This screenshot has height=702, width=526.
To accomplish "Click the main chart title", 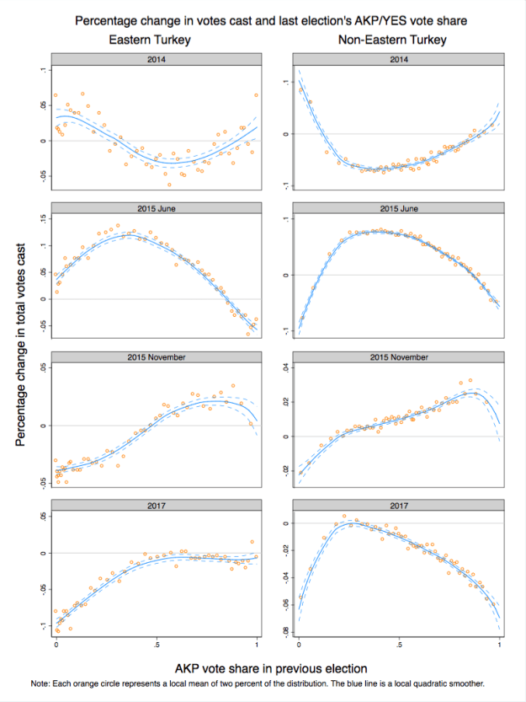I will coord(268,19).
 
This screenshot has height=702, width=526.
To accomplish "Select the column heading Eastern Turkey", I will coord(154,40).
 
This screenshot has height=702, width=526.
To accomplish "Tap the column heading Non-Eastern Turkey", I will coord(392,40).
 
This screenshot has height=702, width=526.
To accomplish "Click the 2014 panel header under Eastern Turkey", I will coord(155,60).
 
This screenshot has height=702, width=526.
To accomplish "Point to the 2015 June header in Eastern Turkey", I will coord(155,208).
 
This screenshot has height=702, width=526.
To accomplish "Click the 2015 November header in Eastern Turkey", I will coord(155,356).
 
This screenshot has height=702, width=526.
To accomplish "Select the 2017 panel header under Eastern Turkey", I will coord(155,505).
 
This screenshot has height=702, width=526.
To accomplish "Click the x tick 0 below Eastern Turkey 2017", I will coord(56,645).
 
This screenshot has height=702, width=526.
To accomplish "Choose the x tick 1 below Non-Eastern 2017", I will coord(500,645).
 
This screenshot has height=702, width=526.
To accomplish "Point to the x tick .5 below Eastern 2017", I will coord(156,645).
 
